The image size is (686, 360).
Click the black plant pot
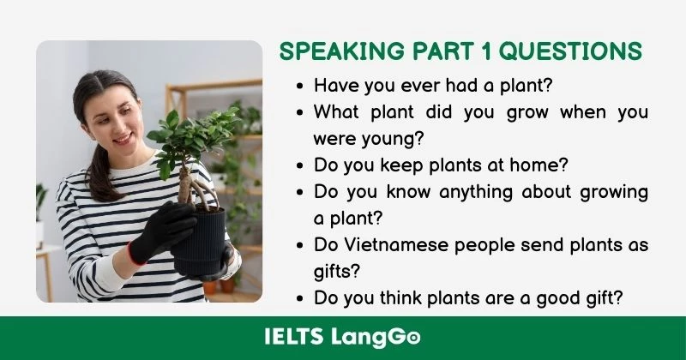click(x=201, y=243)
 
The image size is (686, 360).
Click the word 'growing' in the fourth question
click(x=611, y=191)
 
